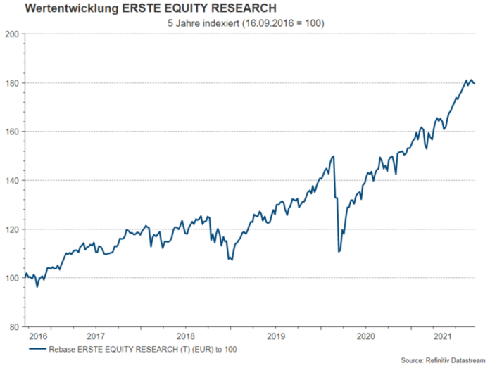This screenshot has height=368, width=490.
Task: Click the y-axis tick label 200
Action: click(12, 34)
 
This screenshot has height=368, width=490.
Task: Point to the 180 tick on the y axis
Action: click(12, 83)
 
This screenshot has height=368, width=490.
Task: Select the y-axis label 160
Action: click(12, 132)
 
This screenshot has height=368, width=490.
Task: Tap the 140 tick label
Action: click(12, 181)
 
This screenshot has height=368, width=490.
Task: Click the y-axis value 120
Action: click(12, 229)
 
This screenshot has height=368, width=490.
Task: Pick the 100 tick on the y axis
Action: click(12, 279)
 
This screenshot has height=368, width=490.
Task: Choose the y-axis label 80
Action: click(14, 327)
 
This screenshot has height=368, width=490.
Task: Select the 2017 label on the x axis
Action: click(96, 337)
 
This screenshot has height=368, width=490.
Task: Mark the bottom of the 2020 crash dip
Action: click(339, 251)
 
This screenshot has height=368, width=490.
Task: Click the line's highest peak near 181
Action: click(467, 80)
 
